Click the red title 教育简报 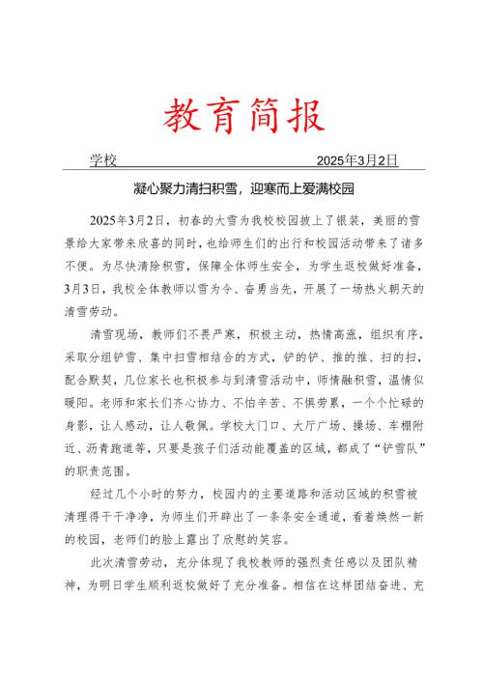pos(241,118)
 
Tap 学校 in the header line pos(103,160)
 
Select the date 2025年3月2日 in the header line pos(357,160)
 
